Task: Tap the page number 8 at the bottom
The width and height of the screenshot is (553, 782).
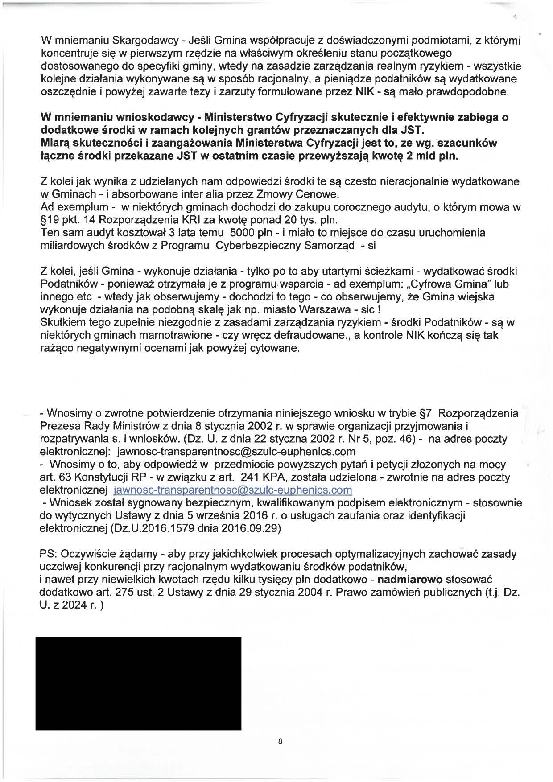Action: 280,741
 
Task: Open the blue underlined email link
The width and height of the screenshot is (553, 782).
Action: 233,490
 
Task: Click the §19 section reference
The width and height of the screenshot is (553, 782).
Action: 50,220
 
